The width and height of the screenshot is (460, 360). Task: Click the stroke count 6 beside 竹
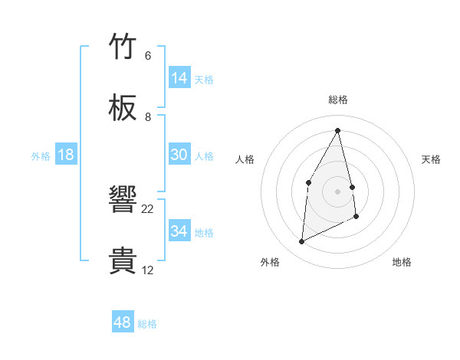point(147,56)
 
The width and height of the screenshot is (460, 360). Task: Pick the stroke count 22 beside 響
point(148,209)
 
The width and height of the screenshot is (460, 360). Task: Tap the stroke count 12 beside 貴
point(148,270)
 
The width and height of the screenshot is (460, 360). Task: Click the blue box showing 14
point(179,78)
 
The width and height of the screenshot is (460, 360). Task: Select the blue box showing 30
point(179,155)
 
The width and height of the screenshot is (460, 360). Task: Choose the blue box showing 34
point(179,231)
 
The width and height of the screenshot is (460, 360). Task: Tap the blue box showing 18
point(66,155)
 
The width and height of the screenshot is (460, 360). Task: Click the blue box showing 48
point(123,322)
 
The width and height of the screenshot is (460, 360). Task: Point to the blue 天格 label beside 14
point(204,80)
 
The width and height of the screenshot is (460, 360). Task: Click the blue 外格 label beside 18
point(41,156)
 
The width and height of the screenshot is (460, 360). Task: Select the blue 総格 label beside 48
point(147,324)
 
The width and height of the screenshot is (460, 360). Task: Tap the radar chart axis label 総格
point(338,100)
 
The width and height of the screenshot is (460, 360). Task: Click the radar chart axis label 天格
point(432,159)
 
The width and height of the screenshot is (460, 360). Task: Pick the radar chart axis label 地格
point(402,262)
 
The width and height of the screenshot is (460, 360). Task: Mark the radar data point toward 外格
point(301,242)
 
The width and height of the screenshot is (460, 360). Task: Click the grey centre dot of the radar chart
point(338,191)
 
